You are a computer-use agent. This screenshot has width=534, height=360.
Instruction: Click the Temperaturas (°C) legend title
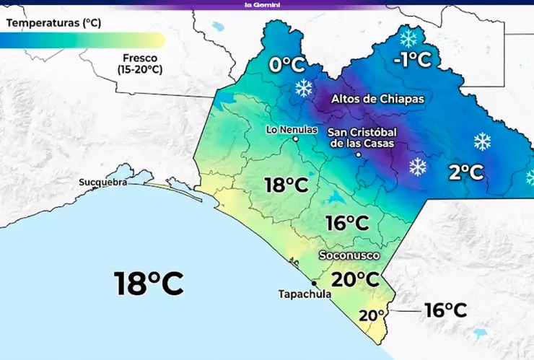pos(53,23)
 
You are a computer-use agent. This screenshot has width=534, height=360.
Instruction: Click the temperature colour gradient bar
pos(82,40)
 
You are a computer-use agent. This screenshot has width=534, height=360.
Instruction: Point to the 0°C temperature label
pos(287,65)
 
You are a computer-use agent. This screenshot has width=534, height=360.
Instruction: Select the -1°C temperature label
pos(412,59)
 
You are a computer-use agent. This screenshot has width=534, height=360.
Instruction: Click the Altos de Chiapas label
pos(377,98)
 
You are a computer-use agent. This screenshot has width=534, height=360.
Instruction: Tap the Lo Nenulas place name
pos(292,130)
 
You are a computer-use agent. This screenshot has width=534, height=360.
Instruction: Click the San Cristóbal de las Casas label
pos(362,137)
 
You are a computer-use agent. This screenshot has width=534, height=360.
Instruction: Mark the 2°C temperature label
pos(465,172)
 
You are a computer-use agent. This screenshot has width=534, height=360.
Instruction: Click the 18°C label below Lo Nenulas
pos(286,185)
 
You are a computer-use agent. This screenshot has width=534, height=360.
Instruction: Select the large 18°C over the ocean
pos(149,283)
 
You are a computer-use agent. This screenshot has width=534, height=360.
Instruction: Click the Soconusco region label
pos(349,255)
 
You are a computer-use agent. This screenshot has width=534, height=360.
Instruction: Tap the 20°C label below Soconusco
pos(355,278)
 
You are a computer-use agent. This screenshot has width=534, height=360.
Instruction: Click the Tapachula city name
pos(305,294)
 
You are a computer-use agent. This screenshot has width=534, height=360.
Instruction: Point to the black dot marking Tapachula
pos(314,283)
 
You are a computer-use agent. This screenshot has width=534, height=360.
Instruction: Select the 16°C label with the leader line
pos(445,310)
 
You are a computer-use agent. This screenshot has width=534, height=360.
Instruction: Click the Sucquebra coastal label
pos(103,183)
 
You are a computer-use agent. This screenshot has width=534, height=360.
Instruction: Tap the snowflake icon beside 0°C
pos(304,89)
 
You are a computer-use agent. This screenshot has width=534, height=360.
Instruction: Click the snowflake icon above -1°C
pos(408,38)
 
